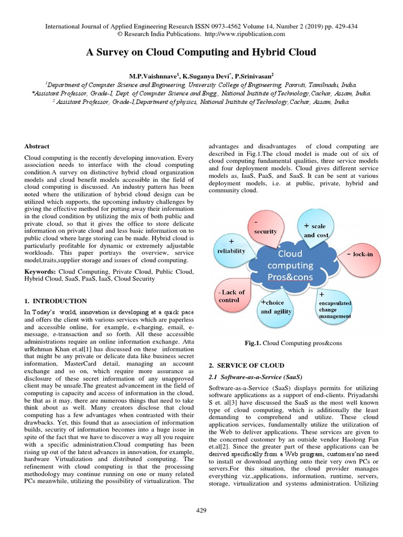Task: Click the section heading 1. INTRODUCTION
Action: (x=56, y=301)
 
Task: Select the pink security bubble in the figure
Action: (x=265, y=228)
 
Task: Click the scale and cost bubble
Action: (x=316, y=230)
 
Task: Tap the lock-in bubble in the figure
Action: (x=359, y=254)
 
